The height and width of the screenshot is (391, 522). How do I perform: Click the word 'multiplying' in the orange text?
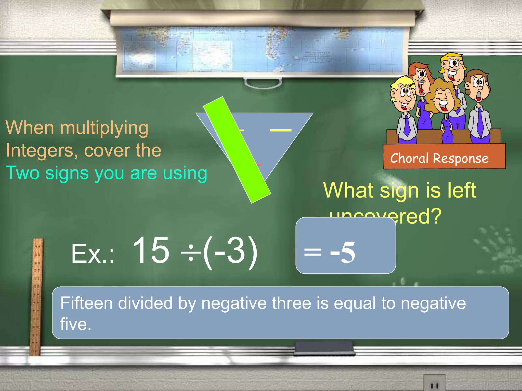104,128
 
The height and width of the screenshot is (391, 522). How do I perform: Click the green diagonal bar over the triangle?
237,150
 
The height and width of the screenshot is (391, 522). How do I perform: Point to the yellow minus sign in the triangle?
280,130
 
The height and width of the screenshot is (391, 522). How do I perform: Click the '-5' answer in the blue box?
343,252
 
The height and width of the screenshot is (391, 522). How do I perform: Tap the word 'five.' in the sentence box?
75,324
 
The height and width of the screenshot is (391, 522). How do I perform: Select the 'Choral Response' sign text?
439,158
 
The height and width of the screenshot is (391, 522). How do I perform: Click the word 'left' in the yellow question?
462,190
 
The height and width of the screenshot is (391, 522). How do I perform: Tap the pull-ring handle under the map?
263,83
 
